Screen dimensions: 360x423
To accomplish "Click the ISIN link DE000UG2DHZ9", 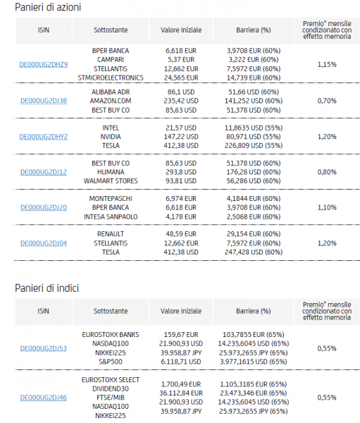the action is pyautogui.click(x=44, y=64).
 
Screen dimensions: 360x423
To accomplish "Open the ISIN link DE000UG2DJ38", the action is pyautogui.click(x=44, y=101).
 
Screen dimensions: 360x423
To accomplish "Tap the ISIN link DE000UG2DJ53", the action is pyautogui.click(x=44, y=348).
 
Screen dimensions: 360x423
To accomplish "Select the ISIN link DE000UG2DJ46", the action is pyautogui.click(x=44, y=398).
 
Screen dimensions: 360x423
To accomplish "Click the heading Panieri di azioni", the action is pyautogui.click(x=48, y=7).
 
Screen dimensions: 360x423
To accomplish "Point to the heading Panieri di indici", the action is pyautogui.click(x=47, y=288).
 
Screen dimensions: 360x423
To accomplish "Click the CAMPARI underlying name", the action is pyautogui.click(x=111, y=60).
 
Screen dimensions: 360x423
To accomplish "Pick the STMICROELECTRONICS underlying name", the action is pyautogui.click(x=111, y=78).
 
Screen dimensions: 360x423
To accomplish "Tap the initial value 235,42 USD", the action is pyautogui.click(x=181, y=101).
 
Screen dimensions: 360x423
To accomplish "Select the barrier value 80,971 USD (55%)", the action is pyautogui.click(x=254, y=137).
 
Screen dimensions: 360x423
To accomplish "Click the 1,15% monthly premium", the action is pyautogui.click(x=327, y=64).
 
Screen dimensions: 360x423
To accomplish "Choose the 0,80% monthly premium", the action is pyautogui.click(x=327, y=172).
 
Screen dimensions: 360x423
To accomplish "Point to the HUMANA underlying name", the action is pyautogui.click(x=111, y=172).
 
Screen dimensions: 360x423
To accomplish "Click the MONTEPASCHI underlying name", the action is pyautogui.click(x=111, y=199).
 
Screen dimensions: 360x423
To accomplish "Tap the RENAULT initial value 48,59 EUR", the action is pyautogui.click(x=181, y=234).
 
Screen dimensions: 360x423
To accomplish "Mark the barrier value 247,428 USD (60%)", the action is pyautogui.click(x=254, y=252).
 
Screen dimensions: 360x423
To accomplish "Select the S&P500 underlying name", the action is pyautogui.click(x=111, y=362).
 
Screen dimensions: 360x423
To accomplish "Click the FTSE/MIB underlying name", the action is pyautogui.click(x=111, y=398).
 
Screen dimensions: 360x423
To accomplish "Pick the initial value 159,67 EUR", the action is pyautogui.click(x=181, y=335).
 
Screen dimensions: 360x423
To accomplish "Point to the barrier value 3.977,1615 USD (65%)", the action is pyautogui.click(x=254, y=362).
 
